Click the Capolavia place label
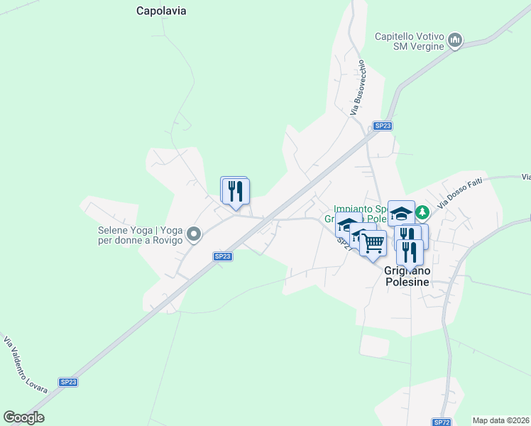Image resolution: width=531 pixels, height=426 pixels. coord(165,11)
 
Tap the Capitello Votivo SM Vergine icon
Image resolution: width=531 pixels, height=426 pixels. coord(456,41)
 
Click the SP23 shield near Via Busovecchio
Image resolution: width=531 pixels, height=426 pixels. coord(383,126)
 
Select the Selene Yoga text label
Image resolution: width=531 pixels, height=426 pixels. coord(141,234)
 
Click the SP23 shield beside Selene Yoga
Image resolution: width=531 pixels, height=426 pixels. coord(222,256)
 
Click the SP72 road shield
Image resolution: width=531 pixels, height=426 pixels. coord(442,422)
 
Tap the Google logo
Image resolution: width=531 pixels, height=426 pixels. coord(24,417)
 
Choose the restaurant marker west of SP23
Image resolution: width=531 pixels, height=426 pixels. coord(236,190)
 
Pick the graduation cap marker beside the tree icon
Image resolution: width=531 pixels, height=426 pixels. coord(401,212)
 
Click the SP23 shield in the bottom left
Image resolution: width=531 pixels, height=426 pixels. coord(68,382)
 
